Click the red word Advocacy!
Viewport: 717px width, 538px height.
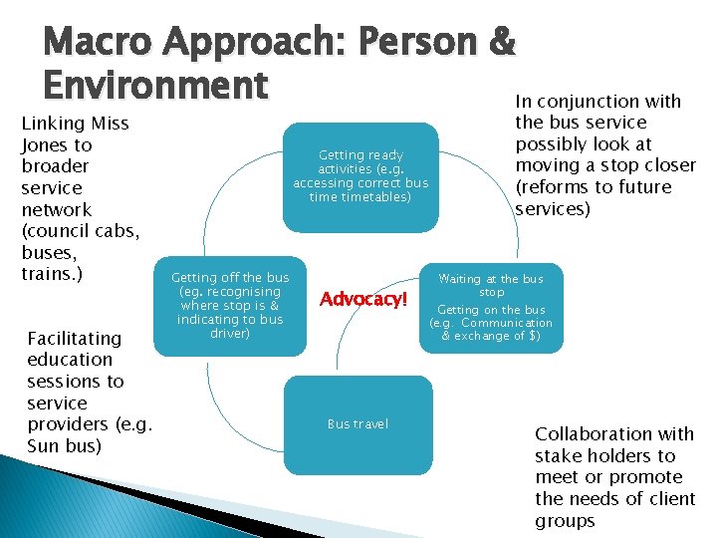pyautogui.click(x=364, y=299)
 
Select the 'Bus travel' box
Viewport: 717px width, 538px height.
pyautogui.click(x=358, y=424)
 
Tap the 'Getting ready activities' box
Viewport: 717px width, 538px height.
pyautogui.click(x=359, y=175)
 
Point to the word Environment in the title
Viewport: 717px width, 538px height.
pyautogui.click(x=155, y=85)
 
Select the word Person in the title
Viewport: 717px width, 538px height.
pyautogui.click(x=410, y=42)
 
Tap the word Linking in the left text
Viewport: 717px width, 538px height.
pyautogui.click(x=54, y=124)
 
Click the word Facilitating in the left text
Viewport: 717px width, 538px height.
pyautogui.click(x=75, y=338)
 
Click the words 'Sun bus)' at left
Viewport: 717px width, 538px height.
pyautogui.click(x=65, y=445)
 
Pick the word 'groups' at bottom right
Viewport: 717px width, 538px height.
pyautogui.click(x=565, y=521)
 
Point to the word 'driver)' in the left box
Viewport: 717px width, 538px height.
pyautogui.click(x=230, y=334)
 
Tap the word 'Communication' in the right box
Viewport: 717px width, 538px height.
pyautogui.click(x=507, y=323)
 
